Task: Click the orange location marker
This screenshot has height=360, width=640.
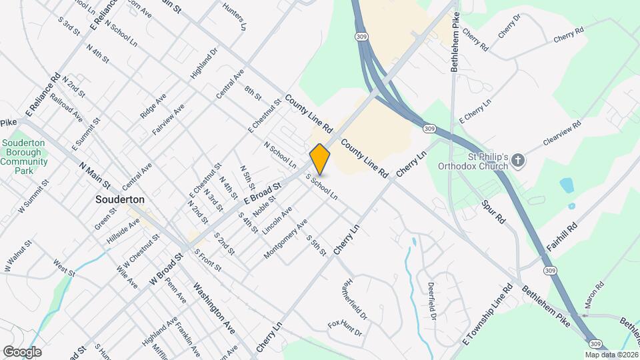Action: coord(320,159)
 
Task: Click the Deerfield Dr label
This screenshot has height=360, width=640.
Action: coord(431,301)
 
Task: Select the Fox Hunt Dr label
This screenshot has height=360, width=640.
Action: coord(345,328)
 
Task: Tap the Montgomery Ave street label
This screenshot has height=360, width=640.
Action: coord(286,238)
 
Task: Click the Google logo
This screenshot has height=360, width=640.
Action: coord(22,351)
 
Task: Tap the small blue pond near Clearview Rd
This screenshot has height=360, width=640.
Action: coord(567,185)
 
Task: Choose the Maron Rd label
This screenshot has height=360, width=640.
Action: coord(594,294)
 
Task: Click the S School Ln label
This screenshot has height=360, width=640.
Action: coord(321,187)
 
